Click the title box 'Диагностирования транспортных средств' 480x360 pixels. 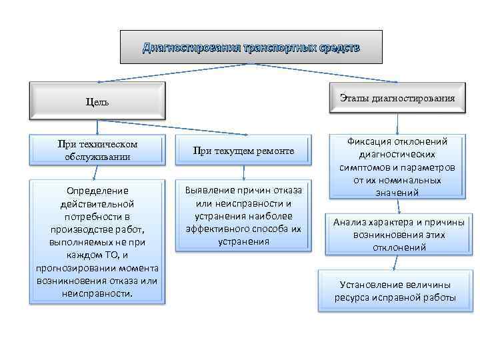251,48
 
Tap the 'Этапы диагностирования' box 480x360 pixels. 397,98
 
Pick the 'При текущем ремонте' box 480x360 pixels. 243,151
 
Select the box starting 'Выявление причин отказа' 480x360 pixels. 243,215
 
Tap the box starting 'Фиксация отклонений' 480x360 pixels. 397,167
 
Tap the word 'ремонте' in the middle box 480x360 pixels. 275,151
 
